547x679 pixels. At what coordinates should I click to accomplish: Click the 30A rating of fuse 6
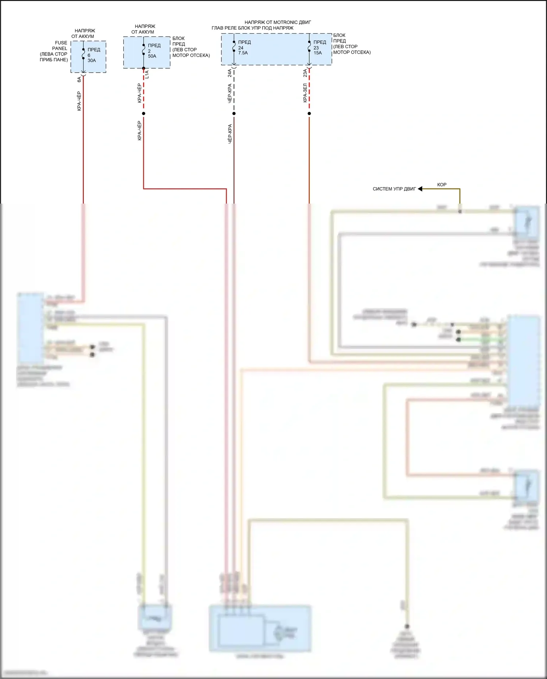92,61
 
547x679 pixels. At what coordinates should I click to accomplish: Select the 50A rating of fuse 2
152,56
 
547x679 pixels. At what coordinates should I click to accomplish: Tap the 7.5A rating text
243,53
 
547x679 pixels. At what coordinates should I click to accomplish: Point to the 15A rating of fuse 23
318,53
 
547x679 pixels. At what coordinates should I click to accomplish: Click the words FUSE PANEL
60,46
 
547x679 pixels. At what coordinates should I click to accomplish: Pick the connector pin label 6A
79,79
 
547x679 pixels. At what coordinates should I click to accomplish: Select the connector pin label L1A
147,75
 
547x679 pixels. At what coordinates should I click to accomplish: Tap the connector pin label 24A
230,73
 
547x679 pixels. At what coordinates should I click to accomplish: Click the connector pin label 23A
305,73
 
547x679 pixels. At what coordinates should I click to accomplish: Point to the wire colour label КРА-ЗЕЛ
305,93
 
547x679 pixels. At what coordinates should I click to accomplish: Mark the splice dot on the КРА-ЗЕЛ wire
309,113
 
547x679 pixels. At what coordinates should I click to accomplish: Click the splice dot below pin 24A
234,113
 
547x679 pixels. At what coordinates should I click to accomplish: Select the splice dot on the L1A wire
144,113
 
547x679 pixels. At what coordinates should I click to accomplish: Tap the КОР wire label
442,185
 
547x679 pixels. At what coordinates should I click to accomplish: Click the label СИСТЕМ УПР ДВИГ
394,189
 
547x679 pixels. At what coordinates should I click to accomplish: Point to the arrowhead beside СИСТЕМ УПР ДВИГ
420,189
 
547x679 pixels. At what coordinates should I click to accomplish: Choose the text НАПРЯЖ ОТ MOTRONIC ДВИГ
278,22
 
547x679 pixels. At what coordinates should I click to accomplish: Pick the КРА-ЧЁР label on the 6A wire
79,101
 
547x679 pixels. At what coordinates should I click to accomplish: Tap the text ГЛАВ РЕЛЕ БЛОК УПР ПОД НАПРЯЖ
252,28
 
